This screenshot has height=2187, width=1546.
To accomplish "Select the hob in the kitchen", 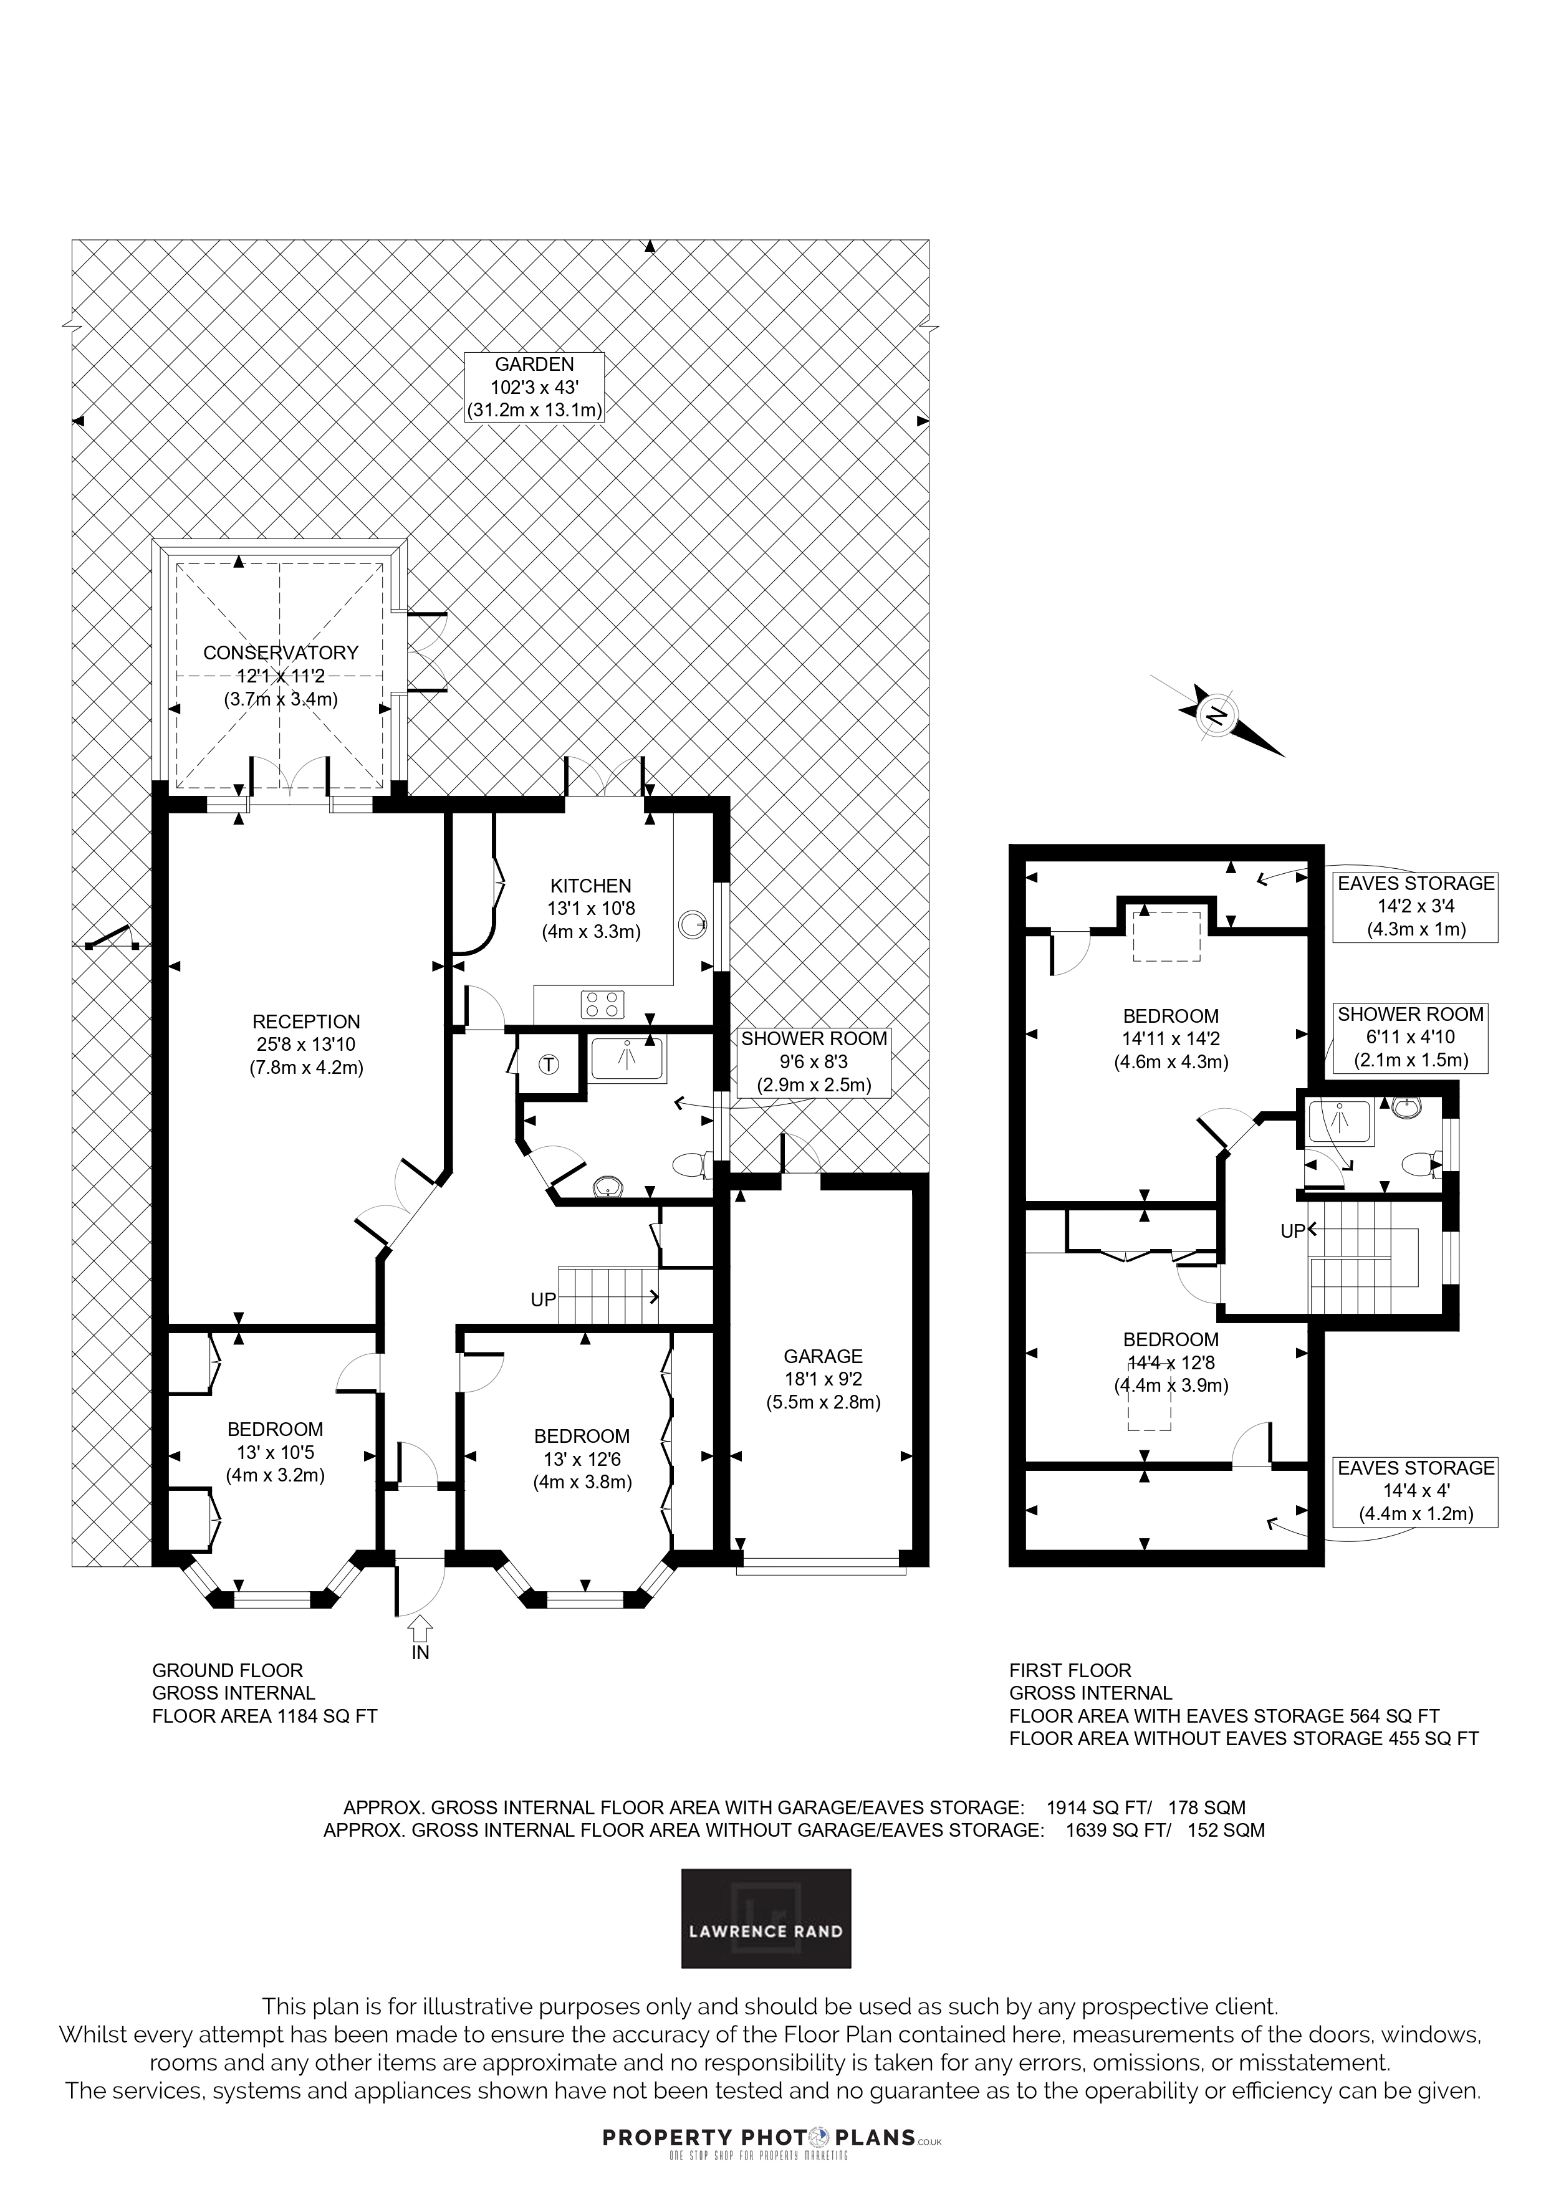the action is click(x=603, y=1004).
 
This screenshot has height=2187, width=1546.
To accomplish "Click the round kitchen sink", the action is click(x=693, y=923).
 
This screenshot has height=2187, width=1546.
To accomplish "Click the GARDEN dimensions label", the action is click(x=534, y=386).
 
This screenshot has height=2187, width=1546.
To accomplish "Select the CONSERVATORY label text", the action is click(x=281, y=653).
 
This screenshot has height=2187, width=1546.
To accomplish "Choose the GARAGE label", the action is click(x=823, y=1356).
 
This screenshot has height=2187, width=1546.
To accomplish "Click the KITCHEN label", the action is click(x=590, y=886).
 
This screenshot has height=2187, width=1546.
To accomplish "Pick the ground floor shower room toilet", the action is click(x=693, y=1164).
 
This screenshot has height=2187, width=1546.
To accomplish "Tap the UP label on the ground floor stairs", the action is click(x=543, y=1300).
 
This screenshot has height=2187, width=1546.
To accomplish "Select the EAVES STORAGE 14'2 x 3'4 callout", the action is click(x=1416, y=907).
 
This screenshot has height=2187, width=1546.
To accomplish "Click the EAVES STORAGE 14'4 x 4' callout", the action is click(x=1416, y=1491).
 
